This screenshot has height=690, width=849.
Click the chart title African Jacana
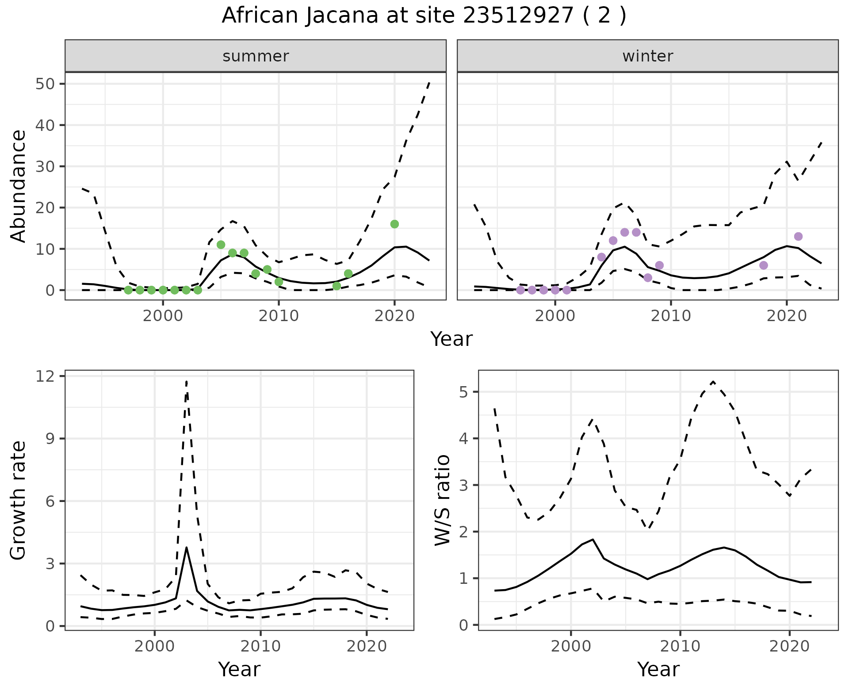tap(424, 16)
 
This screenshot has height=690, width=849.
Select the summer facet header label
tap(256, 56)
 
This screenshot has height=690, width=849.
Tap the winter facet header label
tap(647, 56)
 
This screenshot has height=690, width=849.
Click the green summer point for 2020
tap(394, 224)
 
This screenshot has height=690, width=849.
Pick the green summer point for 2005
tap(221, 245)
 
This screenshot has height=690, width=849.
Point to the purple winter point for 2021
tap(798, 237)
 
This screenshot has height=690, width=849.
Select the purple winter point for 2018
tap(764, 265)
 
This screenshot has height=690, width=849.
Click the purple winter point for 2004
tap(601, 257)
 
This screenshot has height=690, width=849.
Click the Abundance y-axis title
tap(19, 186)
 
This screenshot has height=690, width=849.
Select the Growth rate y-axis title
tap(19, 501)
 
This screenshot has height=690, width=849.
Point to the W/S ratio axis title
tap(442, 501)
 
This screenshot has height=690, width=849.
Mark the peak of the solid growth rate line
tap(187, 548)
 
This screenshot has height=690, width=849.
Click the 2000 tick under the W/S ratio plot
tap(571, 646)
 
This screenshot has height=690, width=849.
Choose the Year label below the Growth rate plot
tap(239, 669)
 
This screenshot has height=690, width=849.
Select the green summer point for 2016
tap(348, 274)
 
